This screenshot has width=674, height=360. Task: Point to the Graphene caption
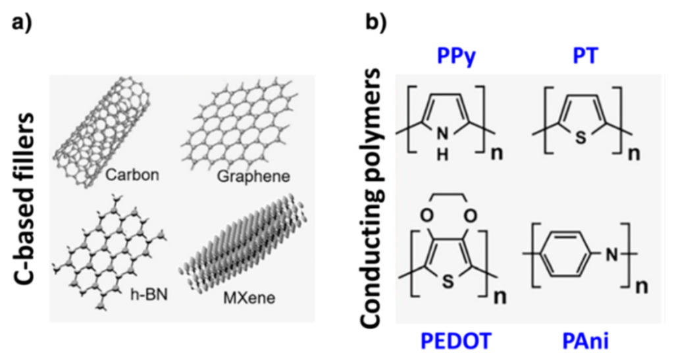pyautogui.click(x=251, y=176)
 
